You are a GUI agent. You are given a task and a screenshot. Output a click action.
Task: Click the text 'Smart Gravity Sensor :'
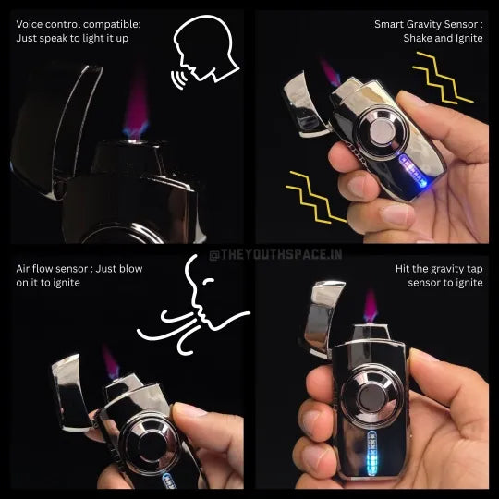[x=429, y=23]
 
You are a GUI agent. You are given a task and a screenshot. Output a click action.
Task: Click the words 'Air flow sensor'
[x=54, y=268]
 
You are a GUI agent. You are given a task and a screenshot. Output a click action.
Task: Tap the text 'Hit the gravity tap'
[x=439, y=268]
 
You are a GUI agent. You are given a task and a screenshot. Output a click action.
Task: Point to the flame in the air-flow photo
[x=111, y=361]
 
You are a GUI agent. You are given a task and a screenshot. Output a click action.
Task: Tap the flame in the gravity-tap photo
[x=371, y=304]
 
